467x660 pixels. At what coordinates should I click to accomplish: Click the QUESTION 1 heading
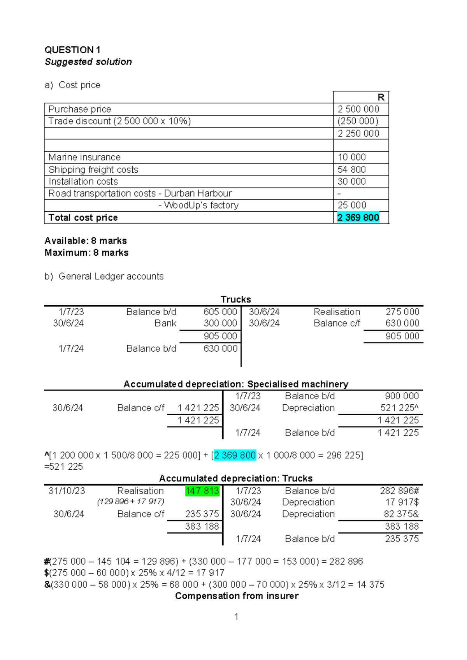[x=72, y=50]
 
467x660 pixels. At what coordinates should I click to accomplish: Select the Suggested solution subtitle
[x=88, y=62]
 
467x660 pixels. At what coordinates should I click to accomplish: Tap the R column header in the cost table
[x=381, y=97]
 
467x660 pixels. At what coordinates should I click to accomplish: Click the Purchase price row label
[x=80, y=109]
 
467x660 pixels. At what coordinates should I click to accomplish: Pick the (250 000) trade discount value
[x=358, y=121]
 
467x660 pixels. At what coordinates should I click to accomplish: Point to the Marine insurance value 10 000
[x=351, y=157]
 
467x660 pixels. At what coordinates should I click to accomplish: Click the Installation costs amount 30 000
[x=351, y=181]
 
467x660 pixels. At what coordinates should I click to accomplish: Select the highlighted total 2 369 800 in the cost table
[x=358, y=218]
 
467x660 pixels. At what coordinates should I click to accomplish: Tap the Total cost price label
[x=83, y=218]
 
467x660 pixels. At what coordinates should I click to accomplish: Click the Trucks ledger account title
[x=236, y=299]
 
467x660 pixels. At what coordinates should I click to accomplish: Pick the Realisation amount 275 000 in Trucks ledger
[x=402, y=312]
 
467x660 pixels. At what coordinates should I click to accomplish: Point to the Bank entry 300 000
[x=220, y=323]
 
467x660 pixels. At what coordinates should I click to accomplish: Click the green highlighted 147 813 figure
[x=202, y=491]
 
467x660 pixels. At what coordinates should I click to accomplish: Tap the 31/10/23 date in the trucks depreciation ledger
[x=67, y=491]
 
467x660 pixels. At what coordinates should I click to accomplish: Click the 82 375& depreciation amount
[x=401, y=514]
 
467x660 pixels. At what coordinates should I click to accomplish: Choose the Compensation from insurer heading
[x=237, y=596]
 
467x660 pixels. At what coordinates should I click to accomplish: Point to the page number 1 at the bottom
[x=236, y=616]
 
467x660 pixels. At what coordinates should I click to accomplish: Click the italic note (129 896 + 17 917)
[x=131, y=502]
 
